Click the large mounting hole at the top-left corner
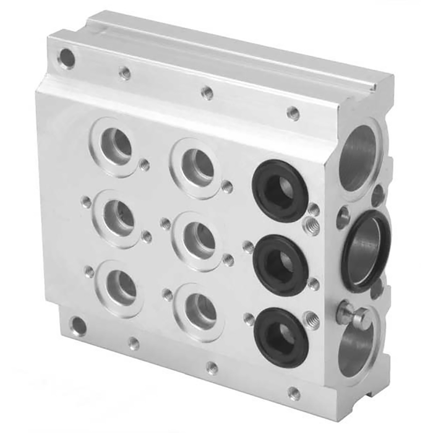click(x=66, y=59)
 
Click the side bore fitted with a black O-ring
click(x=365, y=249)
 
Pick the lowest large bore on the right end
click(x=356, y=350)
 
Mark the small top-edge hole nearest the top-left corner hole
click(x=125, y=73)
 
